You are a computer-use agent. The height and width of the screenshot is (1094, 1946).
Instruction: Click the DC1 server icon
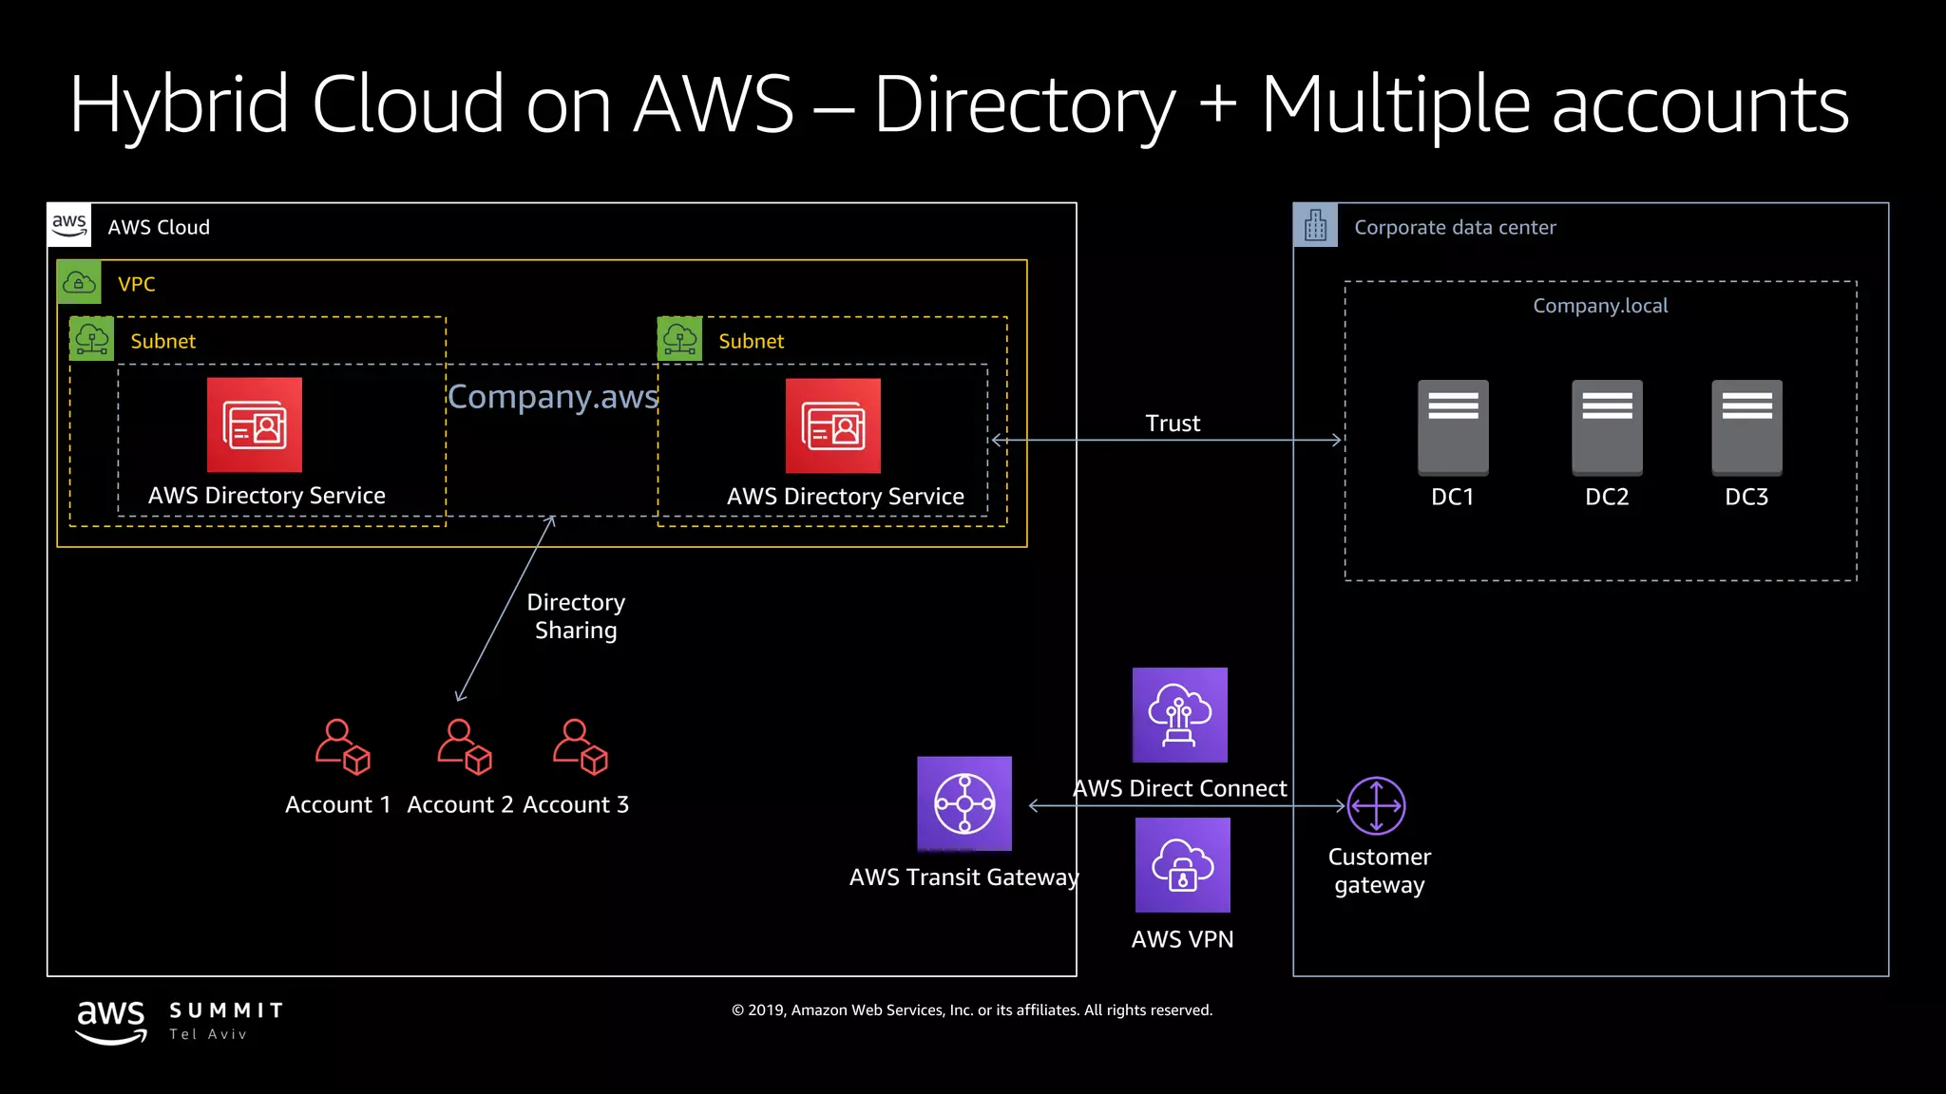[1453, 427]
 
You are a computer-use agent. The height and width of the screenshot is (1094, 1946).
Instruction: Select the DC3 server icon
[1746, 427]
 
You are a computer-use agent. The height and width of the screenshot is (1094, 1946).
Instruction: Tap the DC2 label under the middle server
[1607, 497]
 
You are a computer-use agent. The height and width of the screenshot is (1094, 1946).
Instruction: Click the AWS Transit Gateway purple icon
[964, 803]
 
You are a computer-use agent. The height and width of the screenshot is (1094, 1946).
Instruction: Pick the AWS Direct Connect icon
[1179, 715]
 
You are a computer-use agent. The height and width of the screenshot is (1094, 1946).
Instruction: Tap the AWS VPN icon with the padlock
[1182, 865]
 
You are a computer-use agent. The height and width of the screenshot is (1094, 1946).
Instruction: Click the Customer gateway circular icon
[1376, 805]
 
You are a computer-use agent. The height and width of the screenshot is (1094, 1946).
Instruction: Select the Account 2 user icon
[464, 746]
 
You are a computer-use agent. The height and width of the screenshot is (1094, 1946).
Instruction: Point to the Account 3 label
[576, 804]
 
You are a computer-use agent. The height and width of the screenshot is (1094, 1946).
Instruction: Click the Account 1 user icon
[342, 746]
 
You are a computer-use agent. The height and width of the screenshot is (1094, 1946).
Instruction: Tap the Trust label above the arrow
[1173, 424]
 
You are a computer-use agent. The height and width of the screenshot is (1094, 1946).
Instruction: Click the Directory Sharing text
[576, 616]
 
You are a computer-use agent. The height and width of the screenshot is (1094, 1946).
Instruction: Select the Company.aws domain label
[552, 396]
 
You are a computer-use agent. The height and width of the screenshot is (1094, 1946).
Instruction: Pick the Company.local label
[1600, 306]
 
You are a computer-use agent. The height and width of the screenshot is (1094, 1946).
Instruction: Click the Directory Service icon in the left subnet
[255, 424]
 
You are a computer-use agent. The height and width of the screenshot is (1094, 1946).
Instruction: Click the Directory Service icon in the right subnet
[833, 425]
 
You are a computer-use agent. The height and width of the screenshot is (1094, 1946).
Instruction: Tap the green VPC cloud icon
[79, 282]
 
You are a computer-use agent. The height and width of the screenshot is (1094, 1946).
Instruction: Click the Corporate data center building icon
[1315, 226]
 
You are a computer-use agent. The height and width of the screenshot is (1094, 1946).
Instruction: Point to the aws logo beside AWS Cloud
[69, 225]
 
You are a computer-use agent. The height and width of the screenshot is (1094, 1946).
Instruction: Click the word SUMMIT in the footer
[227, 1010]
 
